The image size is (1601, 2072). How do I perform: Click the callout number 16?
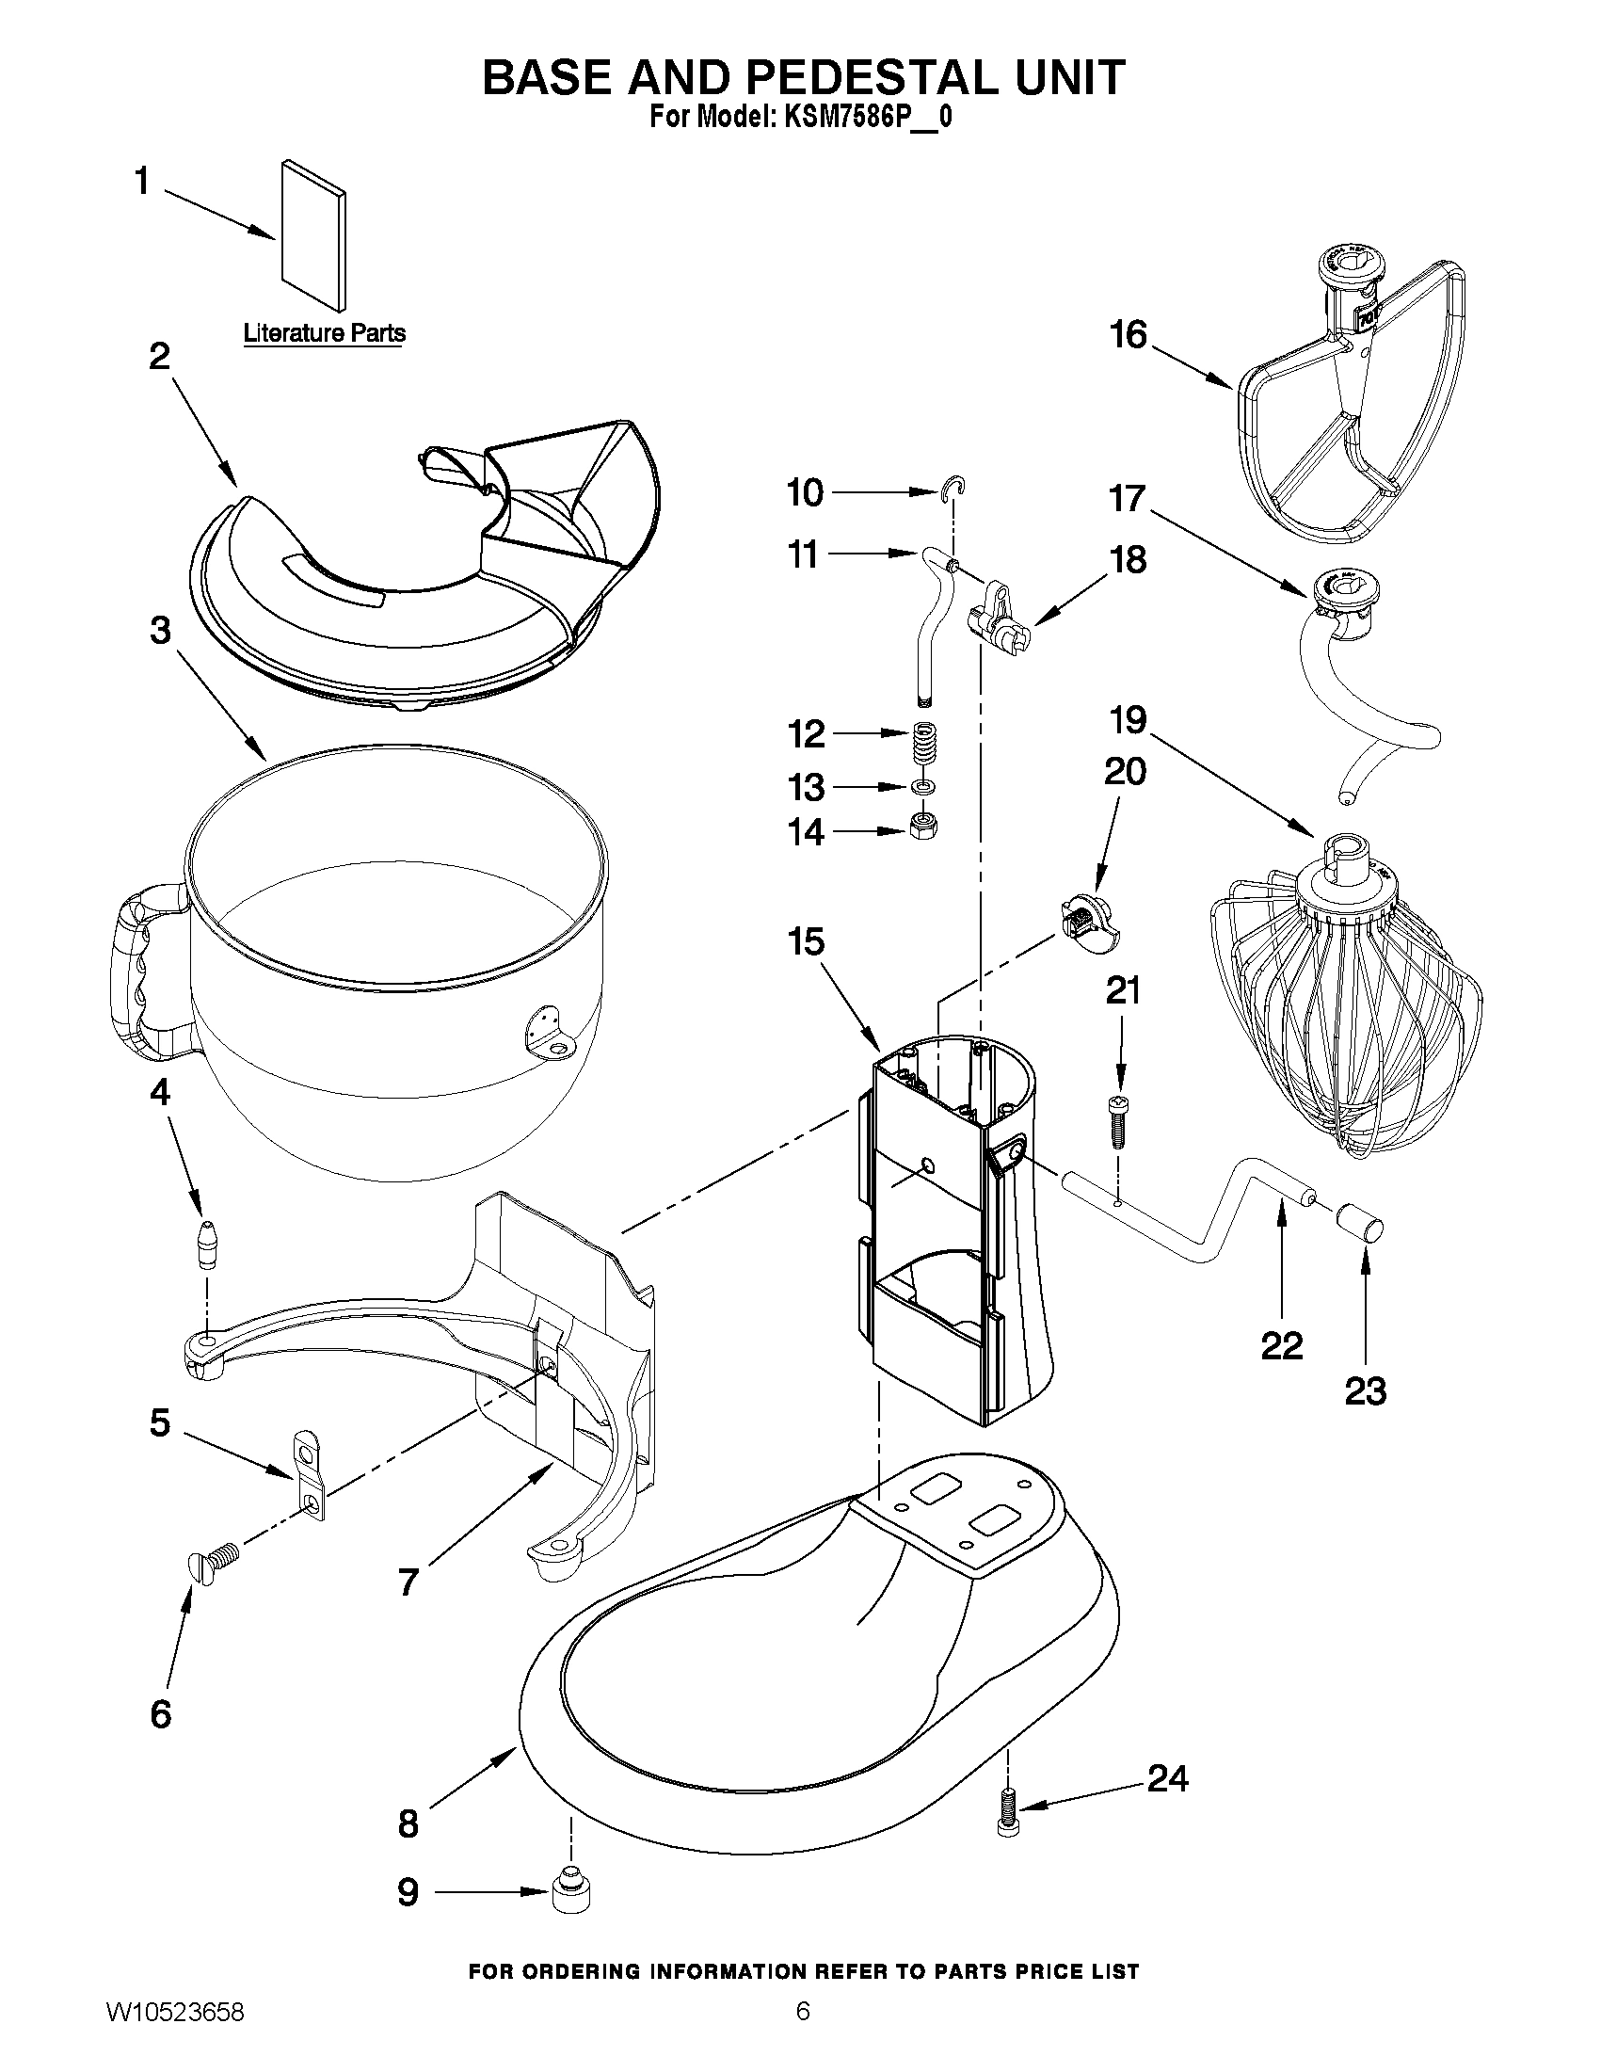(1129, 335)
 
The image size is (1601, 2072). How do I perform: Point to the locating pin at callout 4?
(207, 1244)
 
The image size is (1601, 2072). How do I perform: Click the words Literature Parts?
(325, 333)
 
